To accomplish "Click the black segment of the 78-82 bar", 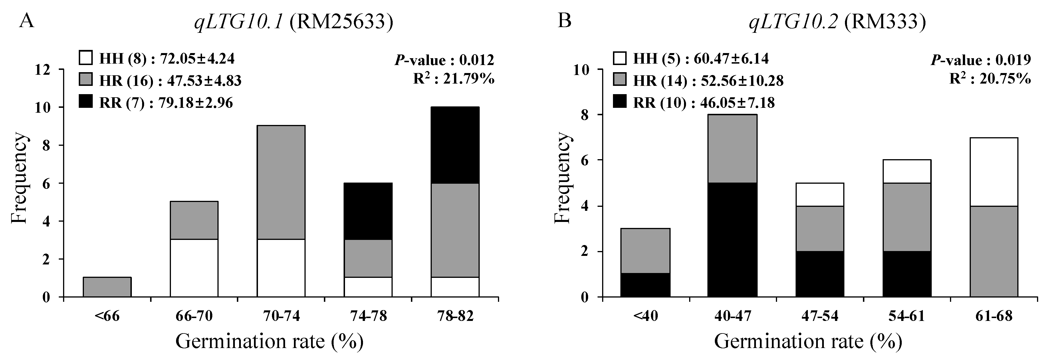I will [455, 145].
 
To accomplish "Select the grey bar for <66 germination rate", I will [107, 287].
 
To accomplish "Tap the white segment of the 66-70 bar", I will [194, 268].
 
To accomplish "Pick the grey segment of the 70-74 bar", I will [281, 183].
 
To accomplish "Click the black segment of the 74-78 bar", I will [368, 211].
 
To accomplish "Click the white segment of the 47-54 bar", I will [819, 195].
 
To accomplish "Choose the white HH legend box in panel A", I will [86, 58].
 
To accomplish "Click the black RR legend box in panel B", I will [620, 102].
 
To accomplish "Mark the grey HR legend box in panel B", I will [620, 80].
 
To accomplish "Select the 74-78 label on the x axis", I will [368, 316].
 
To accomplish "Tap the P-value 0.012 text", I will [444, 60].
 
